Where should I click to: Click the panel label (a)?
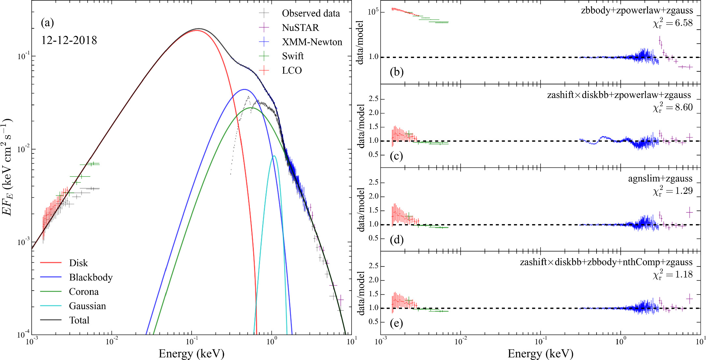pyautogui.click(x=47, y=23)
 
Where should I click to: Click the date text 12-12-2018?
pyautogui.click(x=69, y=40)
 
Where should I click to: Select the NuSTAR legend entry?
pyautogui.click(x=300, y=28)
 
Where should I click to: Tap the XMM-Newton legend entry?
pyautogui.click(x=312, y=42)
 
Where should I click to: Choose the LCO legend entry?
pyautogui.click(x=292, y=71)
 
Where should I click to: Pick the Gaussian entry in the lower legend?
pyautogui.click(x=87, y=306)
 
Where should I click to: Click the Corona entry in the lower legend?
pyautogui.click(x=84, y=292)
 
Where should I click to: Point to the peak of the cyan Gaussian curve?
pyautogui.click(x=274, y=156)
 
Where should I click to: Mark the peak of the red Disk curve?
pyautogui.click(x=196, y=30)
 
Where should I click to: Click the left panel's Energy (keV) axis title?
pyautogui.click(x=192, y=353)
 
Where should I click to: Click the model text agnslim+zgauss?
pyautogui.click(x=660, y=179)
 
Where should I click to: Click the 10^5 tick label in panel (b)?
pyautogui.click(x=373, y=12)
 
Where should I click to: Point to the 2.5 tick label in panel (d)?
pyautogui.click(x=373, y=182)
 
